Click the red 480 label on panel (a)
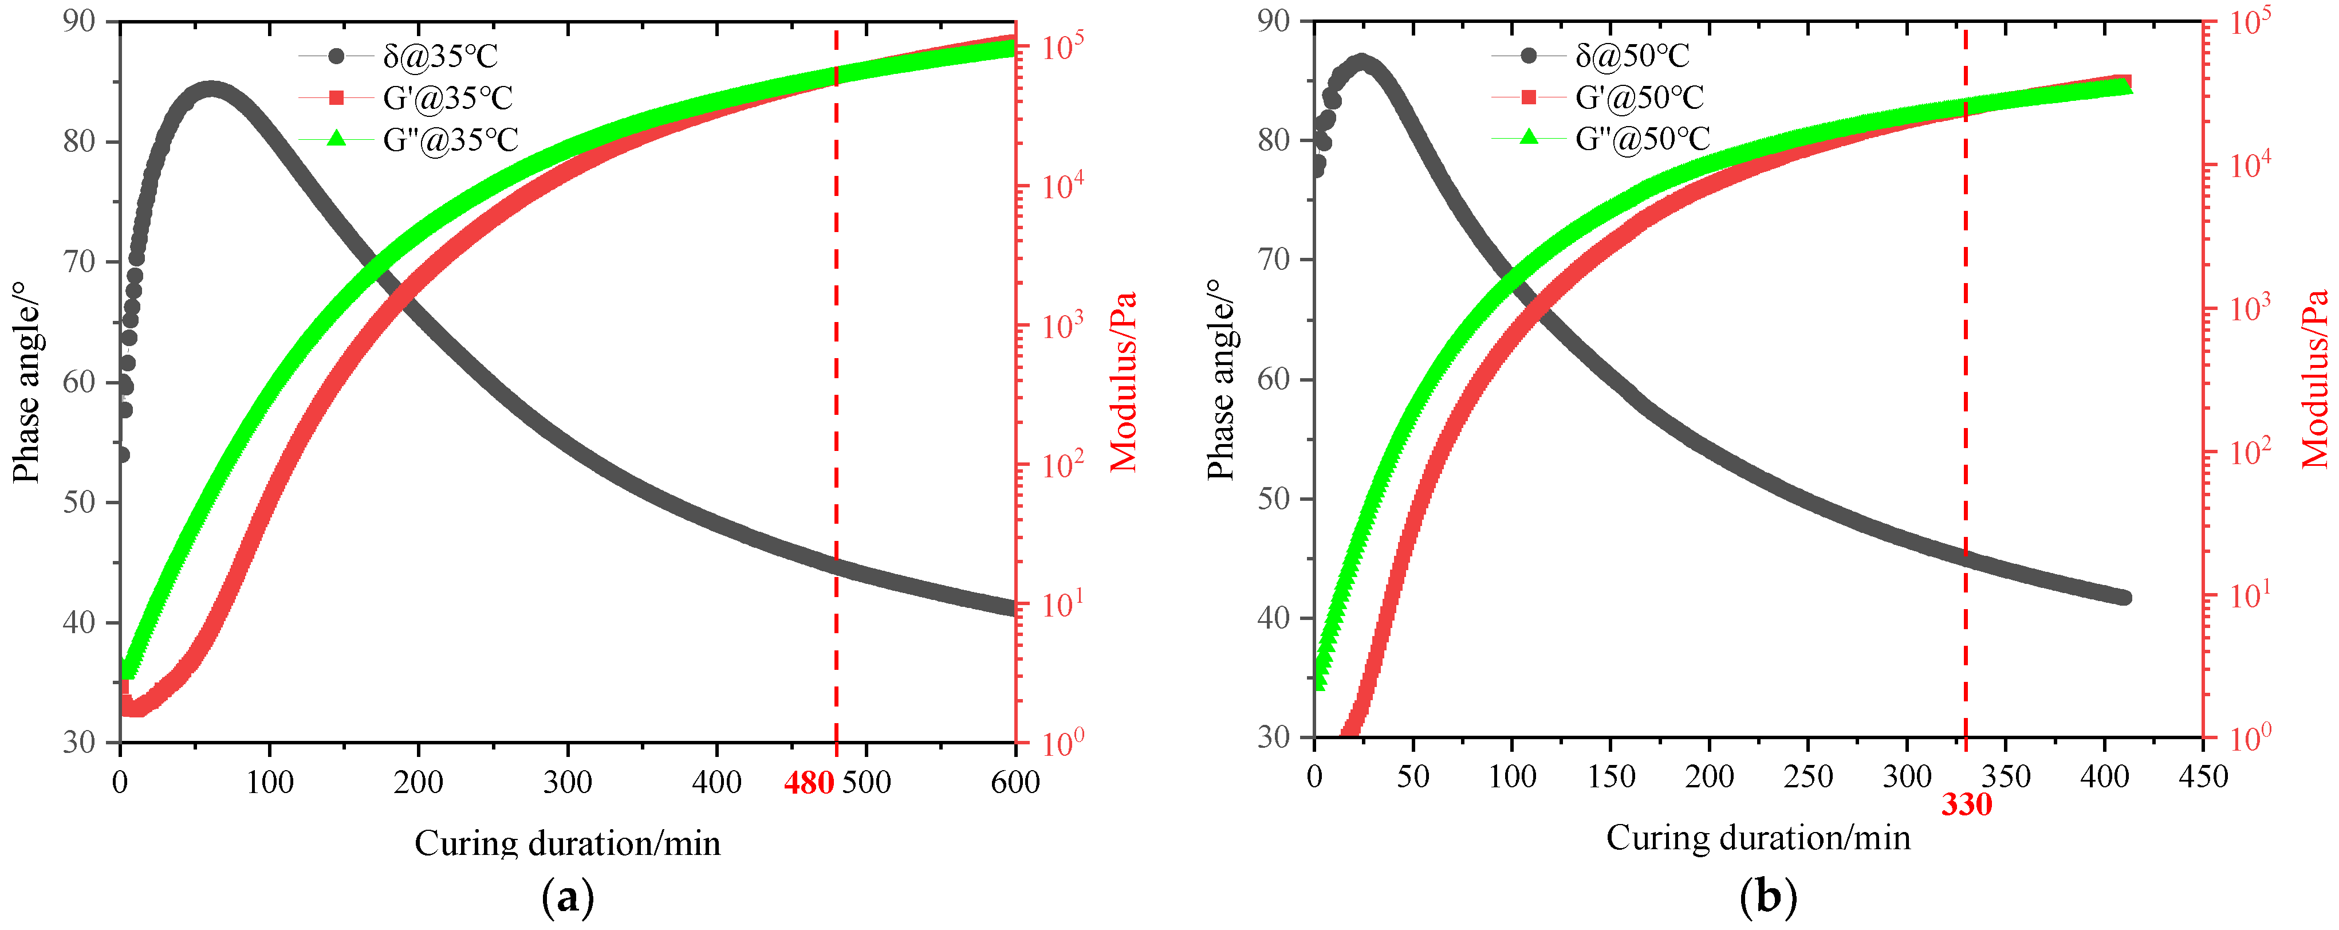[x=808, y=783]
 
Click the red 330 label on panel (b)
[x=1966, y=805]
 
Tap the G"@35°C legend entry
[x=450, y=139]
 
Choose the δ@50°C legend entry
[x=1632, y=56]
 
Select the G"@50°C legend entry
[x=1641, y=138]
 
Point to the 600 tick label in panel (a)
[x=1014, y=782]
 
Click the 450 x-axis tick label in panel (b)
[x=2203, y=776]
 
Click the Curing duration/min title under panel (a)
[x=568, y=843]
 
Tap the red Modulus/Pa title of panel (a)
[x=1123, y=382]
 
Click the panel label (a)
[x=568, y=898]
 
